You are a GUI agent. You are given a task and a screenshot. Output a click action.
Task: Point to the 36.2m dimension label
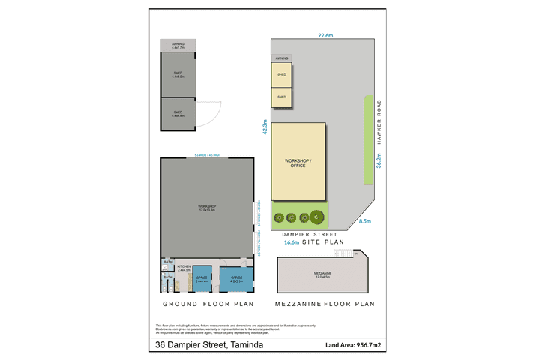pos(379,162)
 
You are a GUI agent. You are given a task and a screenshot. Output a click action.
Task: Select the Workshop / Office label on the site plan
pos(298,163)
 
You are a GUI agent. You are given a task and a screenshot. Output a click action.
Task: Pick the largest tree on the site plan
pos(318,217)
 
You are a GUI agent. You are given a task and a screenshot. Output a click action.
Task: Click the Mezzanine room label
pos(322,274)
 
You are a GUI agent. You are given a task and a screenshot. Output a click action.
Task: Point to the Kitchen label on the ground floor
pos(184,268)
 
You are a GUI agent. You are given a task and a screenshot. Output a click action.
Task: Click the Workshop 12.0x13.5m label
pos(206,208)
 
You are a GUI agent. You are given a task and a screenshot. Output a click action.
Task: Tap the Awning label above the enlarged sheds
pos(178,46)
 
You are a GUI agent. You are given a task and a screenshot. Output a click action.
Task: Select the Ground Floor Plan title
pos(208,304)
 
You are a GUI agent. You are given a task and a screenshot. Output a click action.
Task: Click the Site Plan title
pos(325,242)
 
